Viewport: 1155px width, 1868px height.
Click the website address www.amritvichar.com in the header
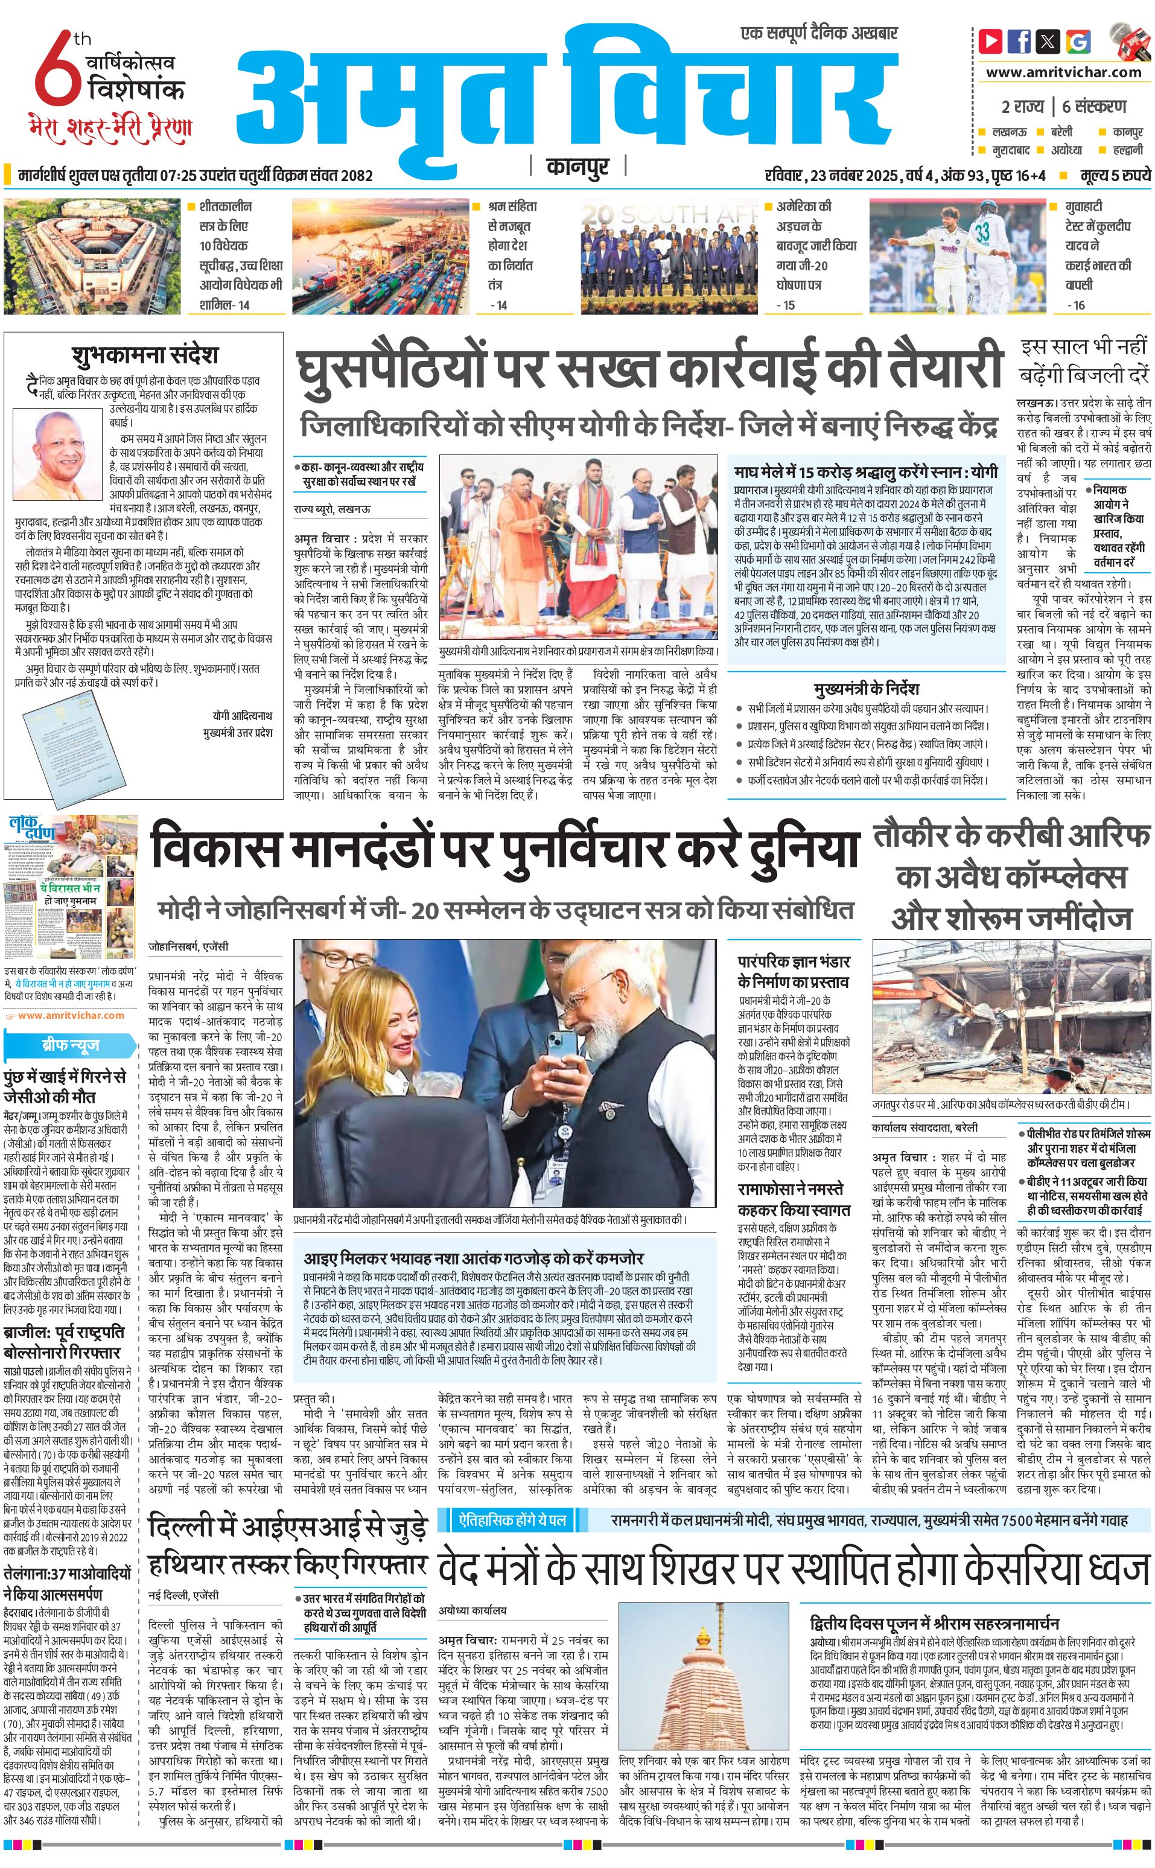pos(1063,72)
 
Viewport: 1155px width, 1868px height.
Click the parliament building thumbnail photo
pos(94,256)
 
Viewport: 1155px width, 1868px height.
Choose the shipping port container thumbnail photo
pos(380,256)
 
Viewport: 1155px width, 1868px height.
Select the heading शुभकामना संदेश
pos(146,355)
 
